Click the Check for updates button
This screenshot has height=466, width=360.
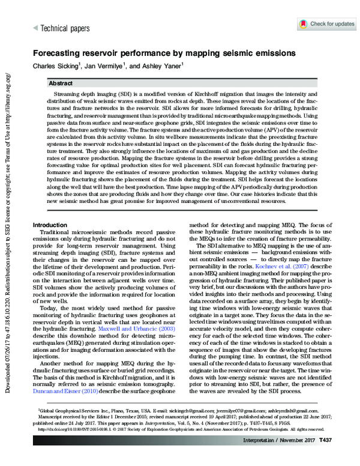coord(327,24)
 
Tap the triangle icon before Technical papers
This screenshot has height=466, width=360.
coord(35,28)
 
